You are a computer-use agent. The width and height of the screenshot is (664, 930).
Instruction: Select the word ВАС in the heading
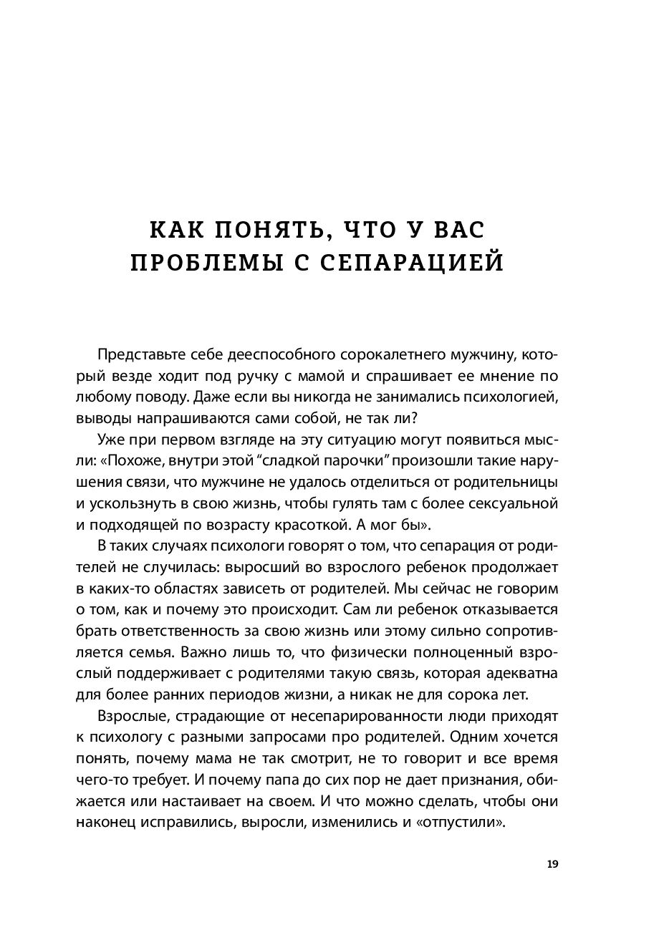456,230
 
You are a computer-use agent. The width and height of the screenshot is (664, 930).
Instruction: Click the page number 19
552,864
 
